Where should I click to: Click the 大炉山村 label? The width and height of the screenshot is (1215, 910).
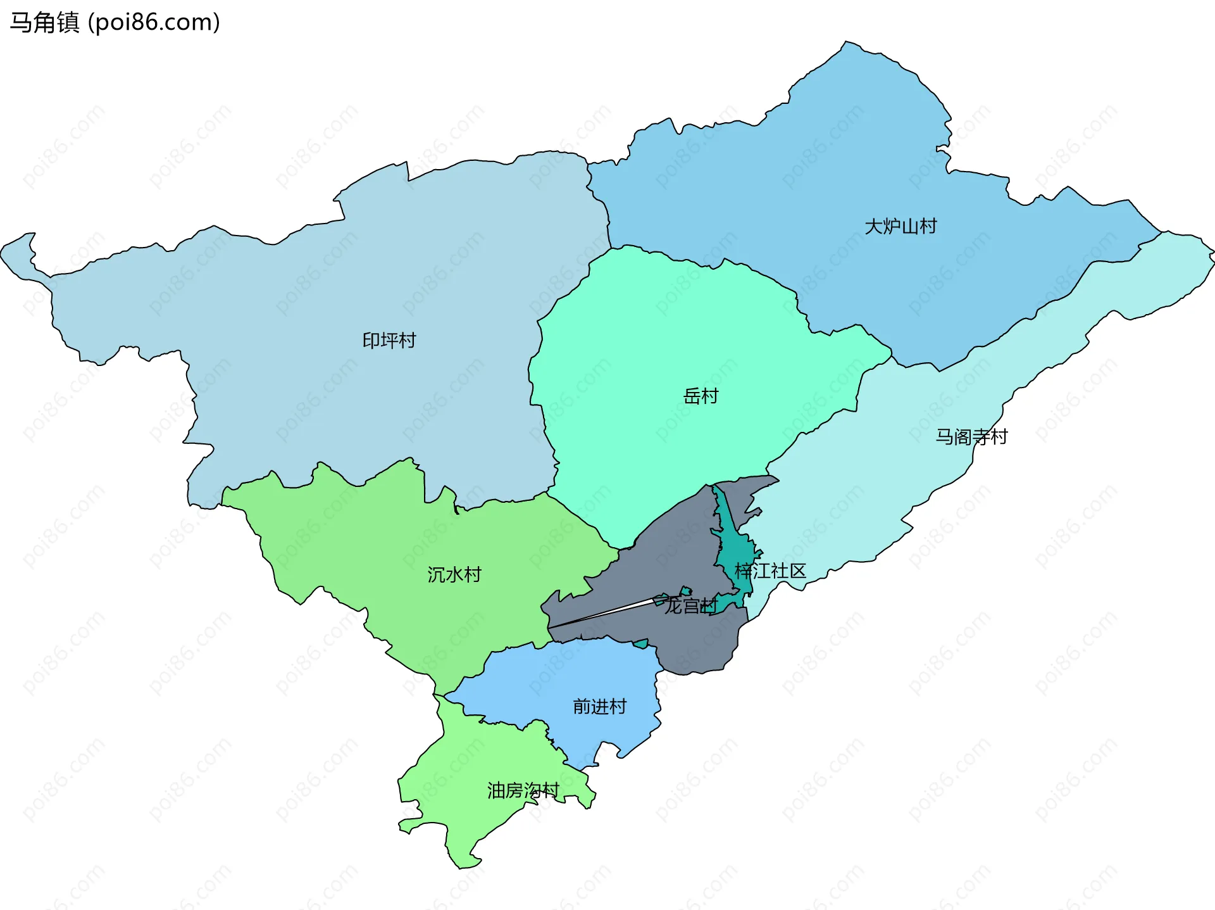click(900, 226)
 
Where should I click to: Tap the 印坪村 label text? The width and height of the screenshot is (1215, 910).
click(389, 341)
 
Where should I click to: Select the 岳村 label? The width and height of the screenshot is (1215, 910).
click(701, 396)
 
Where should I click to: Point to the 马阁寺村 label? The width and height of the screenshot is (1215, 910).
click(971, 437)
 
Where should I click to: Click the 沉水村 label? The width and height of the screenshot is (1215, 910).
click(454, 574)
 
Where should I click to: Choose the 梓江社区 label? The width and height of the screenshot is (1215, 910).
click(770, 571)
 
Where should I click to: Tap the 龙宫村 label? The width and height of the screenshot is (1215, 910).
click(690, 606)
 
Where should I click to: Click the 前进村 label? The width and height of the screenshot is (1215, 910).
click(599, 706)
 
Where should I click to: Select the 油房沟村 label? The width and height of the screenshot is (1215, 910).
click(523, 790)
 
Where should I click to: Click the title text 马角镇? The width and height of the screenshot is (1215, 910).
click(44, 22)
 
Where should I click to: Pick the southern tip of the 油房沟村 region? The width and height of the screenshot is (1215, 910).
click(462, 866)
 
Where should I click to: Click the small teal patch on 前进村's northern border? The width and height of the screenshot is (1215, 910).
click(641, 644)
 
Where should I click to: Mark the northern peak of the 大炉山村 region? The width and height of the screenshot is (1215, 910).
click(847, 43)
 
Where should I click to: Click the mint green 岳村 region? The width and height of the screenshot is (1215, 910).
click(664, 355)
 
